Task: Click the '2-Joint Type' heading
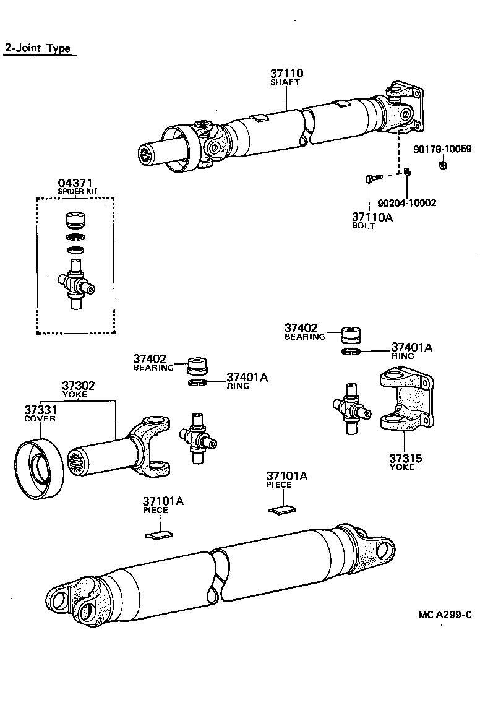pyautogui.click(x=38, y=48)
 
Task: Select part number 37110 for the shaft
pyautogui.click(x=286, y=74)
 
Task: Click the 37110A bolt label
pyautogui.click(x=373, y=217)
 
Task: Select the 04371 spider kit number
pyautogui.click(x=75, y=183)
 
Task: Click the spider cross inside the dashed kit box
pyautogui.click(x=76, y=286)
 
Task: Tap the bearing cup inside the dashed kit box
pyautogui.click(x=75, y=222)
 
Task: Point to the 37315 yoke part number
pyautogui.click(x=405, y=459)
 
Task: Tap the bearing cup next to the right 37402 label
pyautogui.click(x=351, y=334)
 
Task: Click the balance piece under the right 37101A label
pyautogui.click(x=283, y=509)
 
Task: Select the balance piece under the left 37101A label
pyautogui.click(x=159, y=534)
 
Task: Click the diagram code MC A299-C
pyautogui.click(x=444, y=615)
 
